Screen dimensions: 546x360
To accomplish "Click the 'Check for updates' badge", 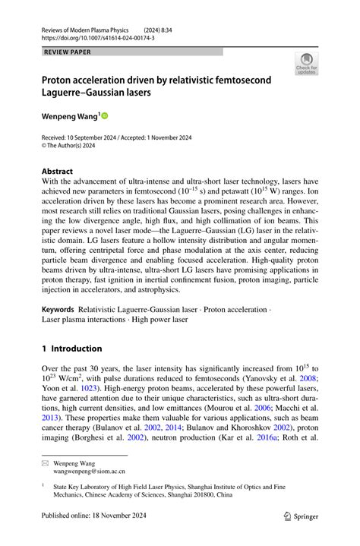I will click(306, 64).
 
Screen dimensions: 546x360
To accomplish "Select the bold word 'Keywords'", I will click(58, 310).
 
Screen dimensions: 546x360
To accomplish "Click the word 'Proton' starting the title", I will click(60, 79).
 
